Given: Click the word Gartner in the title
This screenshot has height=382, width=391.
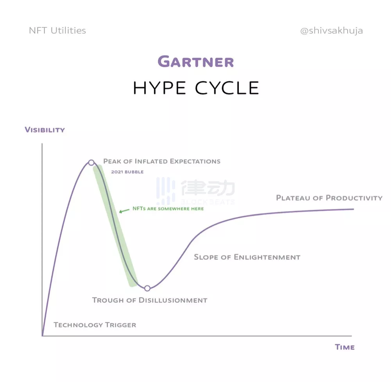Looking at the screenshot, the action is pos(196,62).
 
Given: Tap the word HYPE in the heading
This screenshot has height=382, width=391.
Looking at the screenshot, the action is pos(160,88).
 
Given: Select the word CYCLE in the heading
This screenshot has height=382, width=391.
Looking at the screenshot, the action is pos(227,88).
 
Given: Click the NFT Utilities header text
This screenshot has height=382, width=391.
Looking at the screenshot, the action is pos(57,30).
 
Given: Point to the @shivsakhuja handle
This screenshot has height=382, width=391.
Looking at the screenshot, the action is pos(332,30).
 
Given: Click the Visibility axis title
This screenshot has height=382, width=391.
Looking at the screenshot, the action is pos(45,130).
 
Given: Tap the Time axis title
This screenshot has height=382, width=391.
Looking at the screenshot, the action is pos(344,347).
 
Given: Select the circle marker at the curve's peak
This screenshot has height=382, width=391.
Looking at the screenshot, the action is pos(91,162).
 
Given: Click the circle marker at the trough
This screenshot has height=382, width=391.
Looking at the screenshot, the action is pos(147,288).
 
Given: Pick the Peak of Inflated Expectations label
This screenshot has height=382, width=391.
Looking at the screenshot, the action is pos(162,161).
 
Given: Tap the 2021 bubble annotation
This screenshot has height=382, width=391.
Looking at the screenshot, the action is pos(127,172).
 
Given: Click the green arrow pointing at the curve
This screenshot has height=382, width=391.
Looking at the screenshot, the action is pos(124,211).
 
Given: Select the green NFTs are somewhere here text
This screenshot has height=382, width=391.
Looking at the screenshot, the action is pos(168,209).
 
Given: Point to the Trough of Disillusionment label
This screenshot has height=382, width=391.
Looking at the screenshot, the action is pos(150,300).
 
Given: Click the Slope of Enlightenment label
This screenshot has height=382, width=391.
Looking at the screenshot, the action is pos(247,257).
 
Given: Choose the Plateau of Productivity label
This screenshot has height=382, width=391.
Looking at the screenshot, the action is pos(329,198).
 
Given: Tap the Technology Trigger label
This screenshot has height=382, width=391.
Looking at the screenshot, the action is pos(95,325).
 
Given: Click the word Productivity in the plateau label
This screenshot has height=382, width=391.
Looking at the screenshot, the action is pos(354,198).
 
